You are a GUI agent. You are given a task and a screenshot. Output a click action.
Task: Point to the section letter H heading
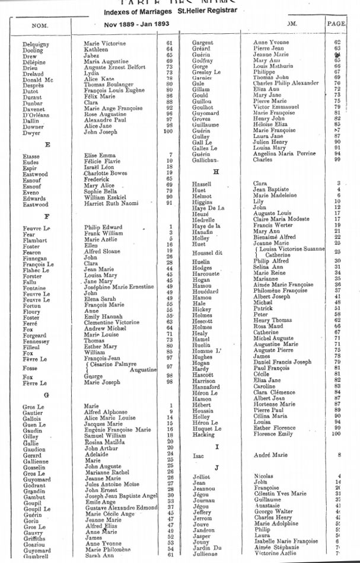point(216,171)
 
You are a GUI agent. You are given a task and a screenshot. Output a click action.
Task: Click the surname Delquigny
point(37,44)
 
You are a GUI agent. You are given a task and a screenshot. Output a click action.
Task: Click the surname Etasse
point(31,156)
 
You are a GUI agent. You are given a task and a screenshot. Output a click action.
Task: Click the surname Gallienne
point(37,460)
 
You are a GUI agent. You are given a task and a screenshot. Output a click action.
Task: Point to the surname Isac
point(199,456)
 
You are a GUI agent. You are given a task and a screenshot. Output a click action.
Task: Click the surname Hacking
point(204,434)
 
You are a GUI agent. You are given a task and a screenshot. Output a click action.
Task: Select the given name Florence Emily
point(273,434)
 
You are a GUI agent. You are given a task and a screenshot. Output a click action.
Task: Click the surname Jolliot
point(202,476)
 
